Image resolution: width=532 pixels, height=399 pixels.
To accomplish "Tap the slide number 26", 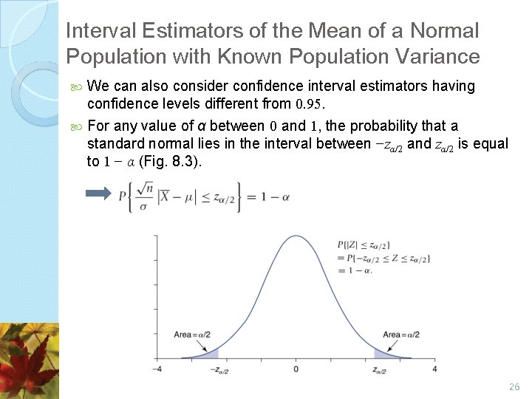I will point(515,386).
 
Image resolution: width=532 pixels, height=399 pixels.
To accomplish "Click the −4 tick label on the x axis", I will point(157,369).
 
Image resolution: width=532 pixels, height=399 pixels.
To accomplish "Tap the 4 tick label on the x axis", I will point(434,369).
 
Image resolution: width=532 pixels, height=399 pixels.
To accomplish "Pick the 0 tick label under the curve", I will point(296,369).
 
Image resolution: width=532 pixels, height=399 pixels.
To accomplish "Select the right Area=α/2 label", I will point(401,335).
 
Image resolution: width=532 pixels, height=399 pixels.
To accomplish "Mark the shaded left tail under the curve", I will point(209,355).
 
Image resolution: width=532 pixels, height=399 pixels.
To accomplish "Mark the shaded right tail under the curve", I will point(383,355).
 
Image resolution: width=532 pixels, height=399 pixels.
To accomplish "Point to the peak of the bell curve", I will point(296,236).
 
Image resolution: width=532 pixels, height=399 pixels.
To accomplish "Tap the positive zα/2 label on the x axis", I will point(383,369).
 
